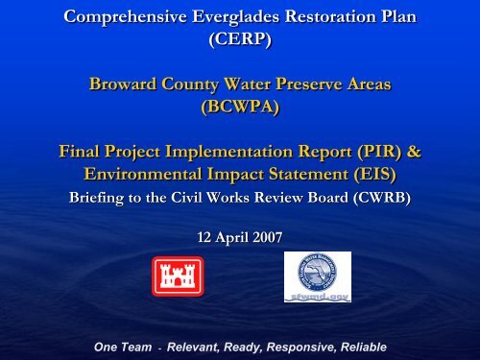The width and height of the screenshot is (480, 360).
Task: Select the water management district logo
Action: coord(318,276)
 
